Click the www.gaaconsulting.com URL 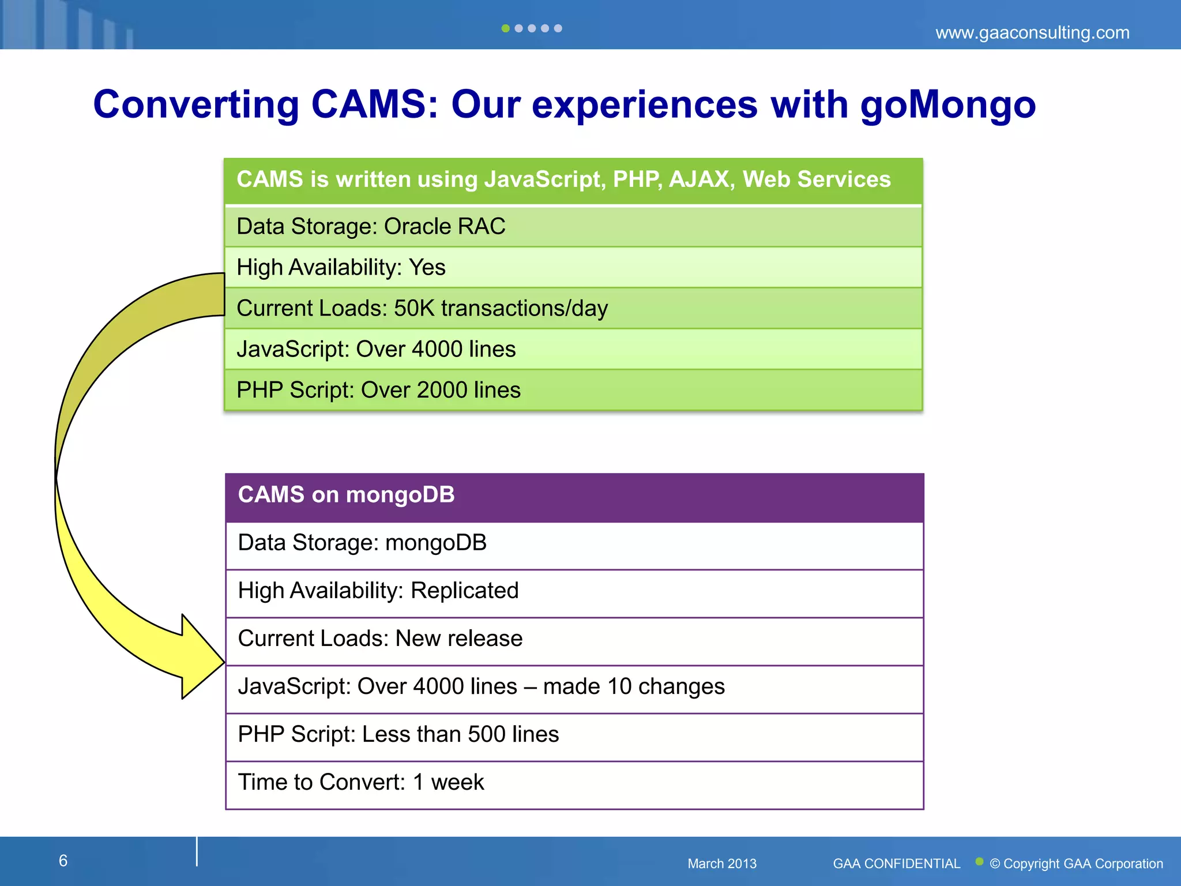pos(1032,32)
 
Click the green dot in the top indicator pos(505,28)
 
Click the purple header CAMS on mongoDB pos(346,495)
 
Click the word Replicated pos(464,591)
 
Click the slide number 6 pos(63,861)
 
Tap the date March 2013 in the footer pos(721,864)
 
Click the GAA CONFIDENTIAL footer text pos(896,864)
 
